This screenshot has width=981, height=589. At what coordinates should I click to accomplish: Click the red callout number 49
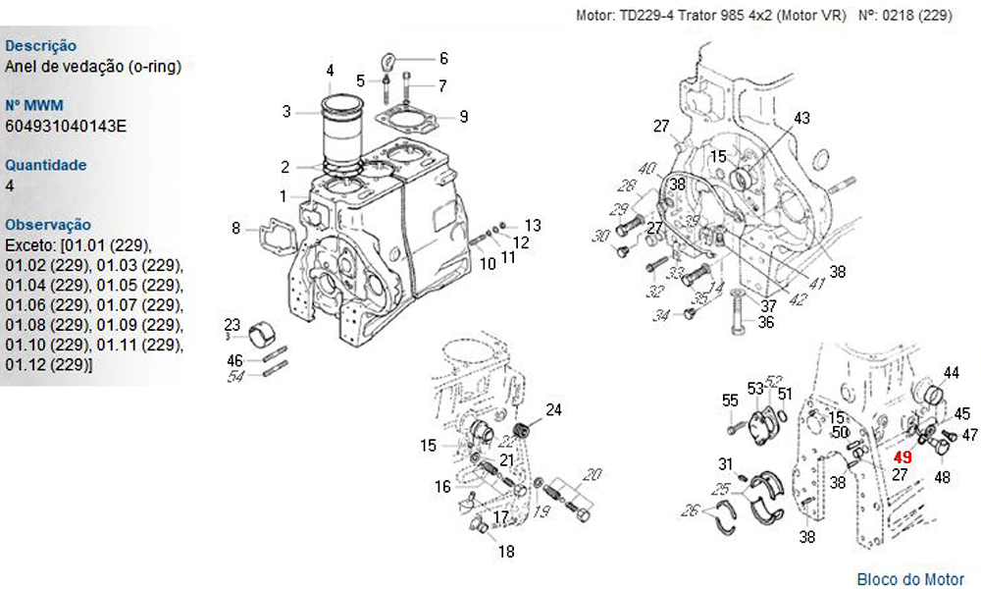coord(903,457)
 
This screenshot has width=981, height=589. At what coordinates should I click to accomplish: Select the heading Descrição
coord(41,45)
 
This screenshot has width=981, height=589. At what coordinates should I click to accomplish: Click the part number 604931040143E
coord(66,126)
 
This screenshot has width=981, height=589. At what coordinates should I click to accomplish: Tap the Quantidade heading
coord(45,165)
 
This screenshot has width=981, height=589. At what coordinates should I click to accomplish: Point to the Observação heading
coord(48,225)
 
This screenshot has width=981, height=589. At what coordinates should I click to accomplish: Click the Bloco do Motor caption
coord(910,579)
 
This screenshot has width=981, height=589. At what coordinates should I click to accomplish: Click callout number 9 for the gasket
coord(463,116)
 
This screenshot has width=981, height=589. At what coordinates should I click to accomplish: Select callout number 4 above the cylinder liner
coord(330,71)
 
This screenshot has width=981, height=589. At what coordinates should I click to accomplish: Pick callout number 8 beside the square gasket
coord(235,229)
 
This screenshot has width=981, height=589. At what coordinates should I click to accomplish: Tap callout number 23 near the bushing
coord(232,325)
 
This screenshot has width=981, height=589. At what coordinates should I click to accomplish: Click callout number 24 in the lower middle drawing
coord(553,409)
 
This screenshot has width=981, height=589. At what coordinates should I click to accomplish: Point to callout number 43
coord(801,119)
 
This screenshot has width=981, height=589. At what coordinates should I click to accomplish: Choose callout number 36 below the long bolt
coord(766,321)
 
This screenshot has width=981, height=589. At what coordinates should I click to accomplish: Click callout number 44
coord(951,372)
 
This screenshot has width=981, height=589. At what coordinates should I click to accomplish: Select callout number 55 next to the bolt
coord(730,401)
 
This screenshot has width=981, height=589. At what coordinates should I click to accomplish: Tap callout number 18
coord(505,552)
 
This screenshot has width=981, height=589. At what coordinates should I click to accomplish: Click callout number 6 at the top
coord(442,58)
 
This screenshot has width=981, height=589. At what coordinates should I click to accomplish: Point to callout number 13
coord(533,225)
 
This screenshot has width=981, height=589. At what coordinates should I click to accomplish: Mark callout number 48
coord(942,478)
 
